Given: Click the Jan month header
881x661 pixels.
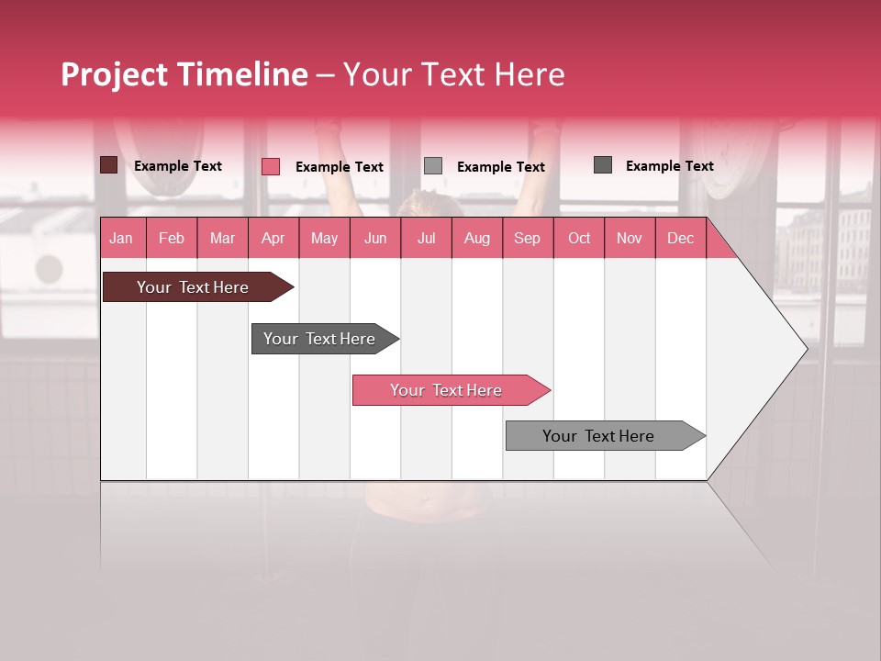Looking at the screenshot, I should [x=121, y=239].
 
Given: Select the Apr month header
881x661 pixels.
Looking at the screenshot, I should [x=273, y=239].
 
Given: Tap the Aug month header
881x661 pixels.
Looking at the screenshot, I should [x=476, y=239].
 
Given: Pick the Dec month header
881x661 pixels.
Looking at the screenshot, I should [x=680, y=239].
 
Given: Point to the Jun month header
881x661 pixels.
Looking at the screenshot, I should [x=375, y=239].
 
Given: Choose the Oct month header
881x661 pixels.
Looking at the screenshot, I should [x=579, y=239].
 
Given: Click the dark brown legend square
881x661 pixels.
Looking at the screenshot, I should [x=109, y=165].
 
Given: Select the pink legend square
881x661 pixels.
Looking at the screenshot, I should [x=271, y=166].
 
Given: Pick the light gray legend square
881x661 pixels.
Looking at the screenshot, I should [x=433, y=166].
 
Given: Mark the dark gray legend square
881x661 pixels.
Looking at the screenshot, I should [x=603, y=165].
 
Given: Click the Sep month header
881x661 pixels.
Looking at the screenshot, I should [x=527, y=239].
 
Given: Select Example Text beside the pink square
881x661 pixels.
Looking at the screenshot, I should [x=340, y=167].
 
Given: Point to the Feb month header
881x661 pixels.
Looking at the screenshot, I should [x=172, y=239].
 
